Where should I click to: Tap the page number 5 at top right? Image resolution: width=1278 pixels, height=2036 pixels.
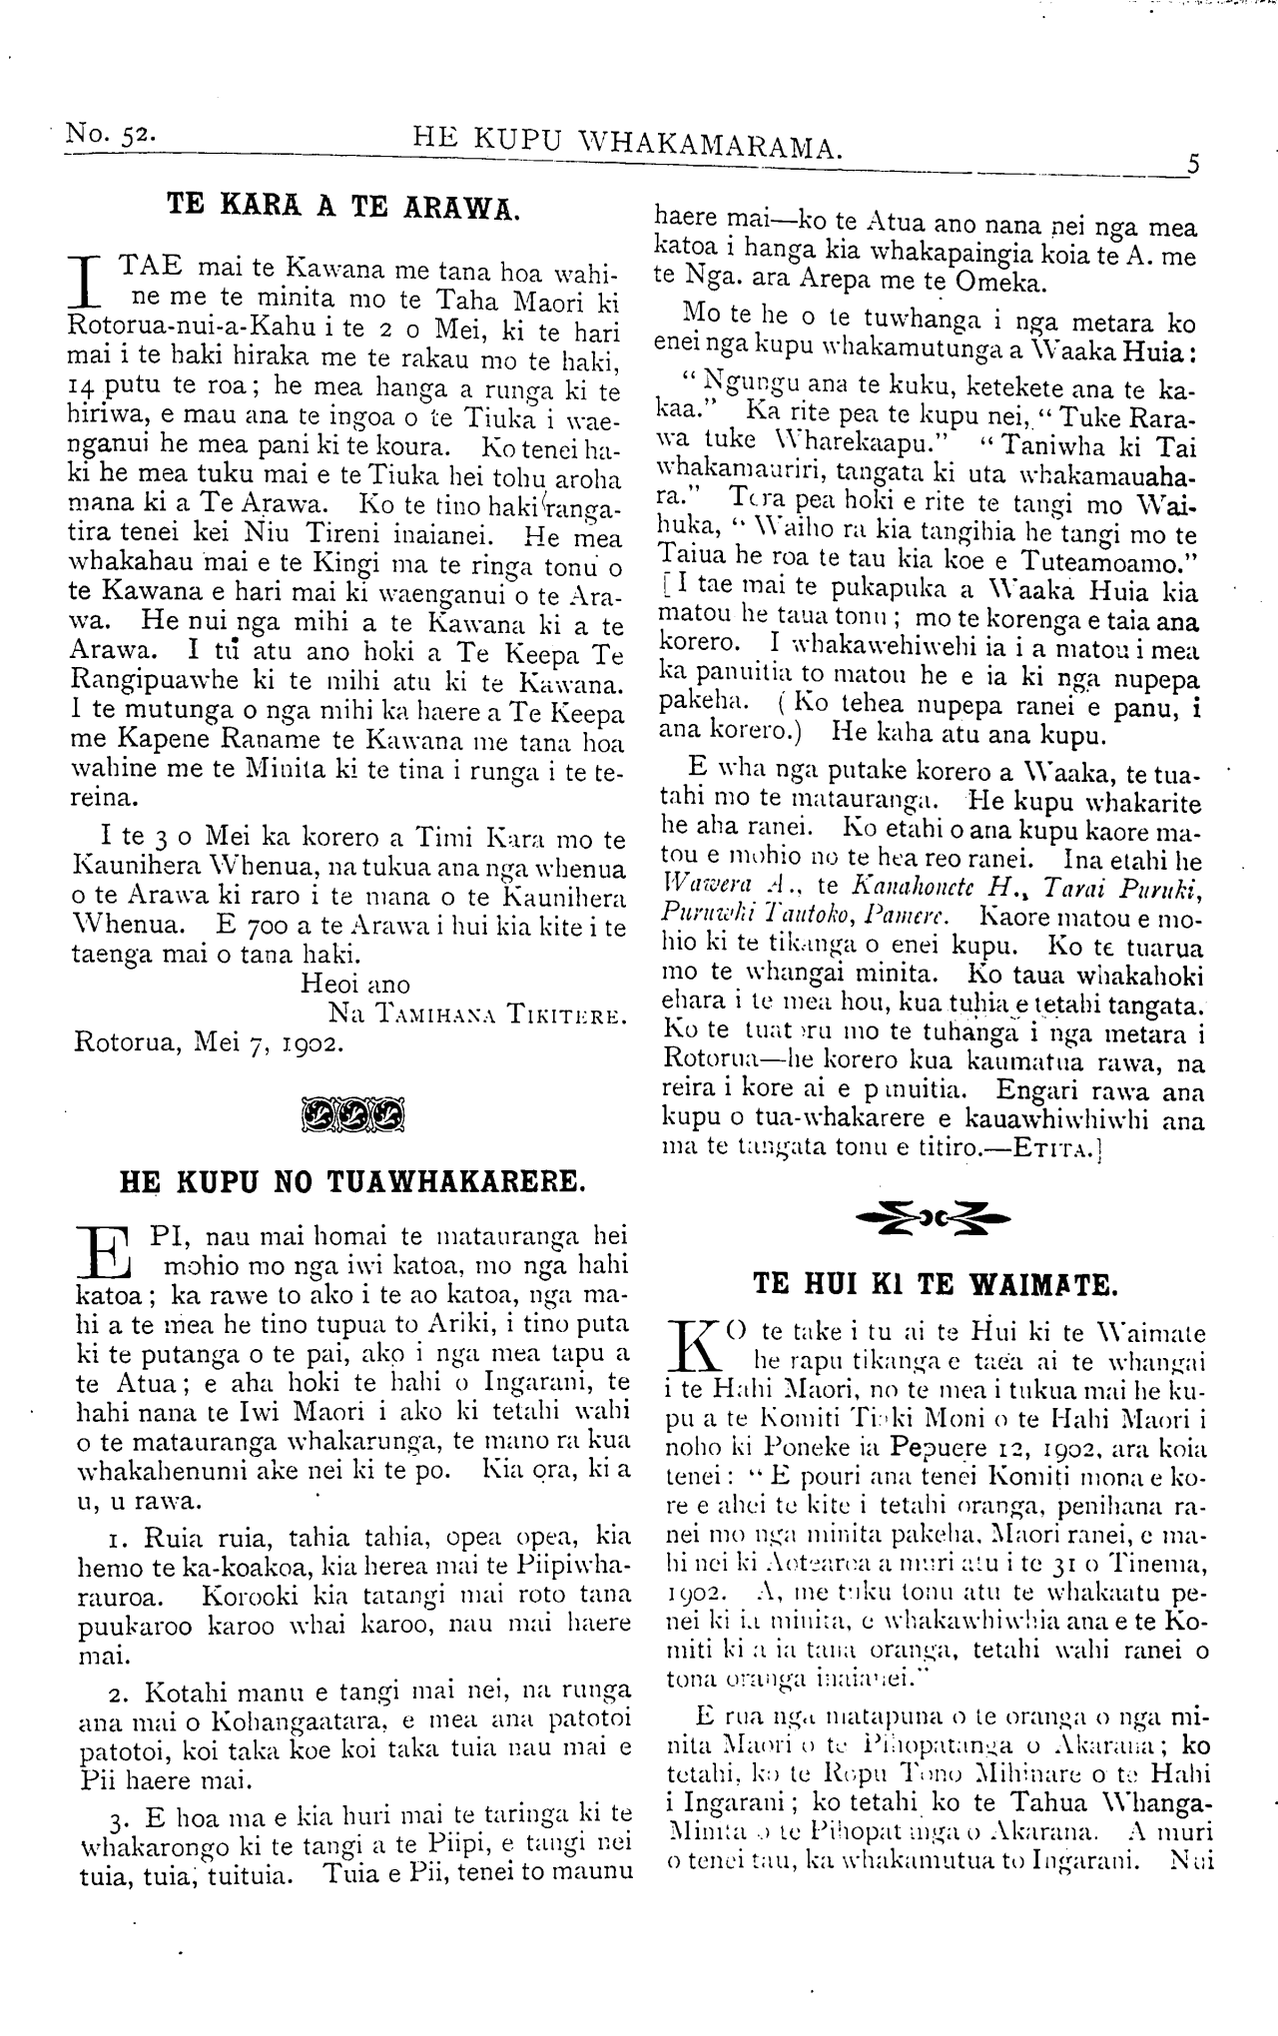1192,164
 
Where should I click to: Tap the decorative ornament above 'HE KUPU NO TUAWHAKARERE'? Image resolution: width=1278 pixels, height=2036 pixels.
350,1110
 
